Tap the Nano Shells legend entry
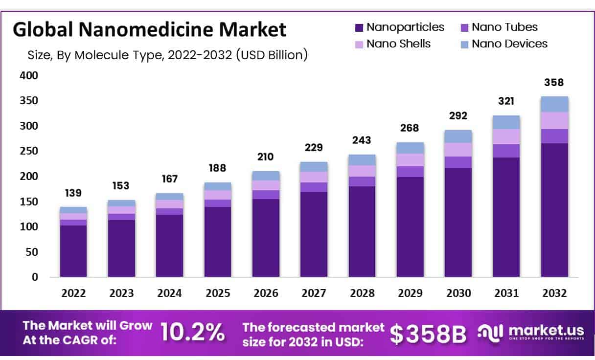coord(398,44)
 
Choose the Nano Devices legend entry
coord(509,44)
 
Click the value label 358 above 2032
coord(554,82)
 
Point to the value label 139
coord(73,193)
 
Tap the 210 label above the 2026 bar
coord(266,157)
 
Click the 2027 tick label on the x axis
coord(314,293)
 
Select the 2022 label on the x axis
coord(73,293)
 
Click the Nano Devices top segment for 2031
coord(506,122)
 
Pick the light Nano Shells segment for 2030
coord(458,149)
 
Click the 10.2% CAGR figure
coord(192,333)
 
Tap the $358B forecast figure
coord(429,333)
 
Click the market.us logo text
coord(546,330)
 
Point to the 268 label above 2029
coord(410,128)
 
